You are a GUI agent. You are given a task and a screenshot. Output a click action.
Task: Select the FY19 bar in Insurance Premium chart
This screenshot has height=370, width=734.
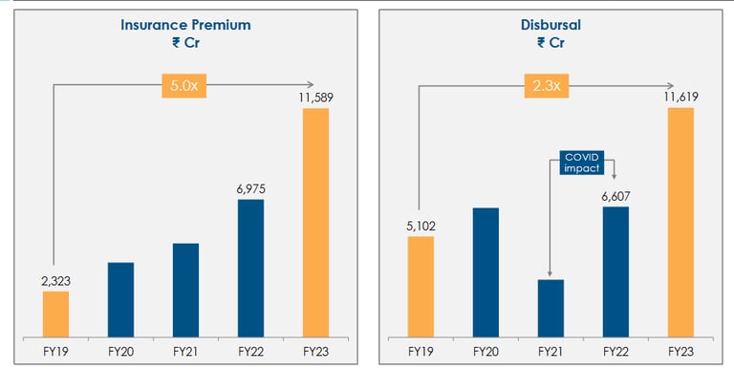point(55,314)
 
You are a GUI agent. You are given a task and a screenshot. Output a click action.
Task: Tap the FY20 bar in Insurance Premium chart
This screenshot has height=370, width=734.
point(120,298)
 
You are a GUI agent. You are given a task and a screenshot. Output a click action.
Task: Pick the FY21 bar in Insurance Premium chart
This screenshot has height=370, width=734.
point(185,289)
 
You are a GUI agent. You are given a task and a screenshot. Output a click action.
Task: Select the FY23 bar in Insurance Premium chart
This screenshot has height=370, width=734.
point(315,222)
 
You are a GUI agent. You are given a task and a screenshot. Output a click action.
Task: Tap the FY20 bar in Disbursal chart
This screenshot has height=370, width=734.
point(486,272)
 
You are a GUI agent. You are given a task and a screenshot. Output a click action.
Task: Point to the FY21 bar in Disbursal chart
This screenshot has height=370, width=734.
point(550,307)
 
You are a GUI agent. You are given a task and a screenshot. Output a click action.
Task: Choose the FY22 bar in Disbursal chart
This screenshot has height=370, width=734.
point(615,271)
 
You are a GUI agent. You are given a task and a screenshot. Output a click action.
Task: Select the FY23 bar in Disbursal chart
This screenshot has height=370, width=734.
point(680,222)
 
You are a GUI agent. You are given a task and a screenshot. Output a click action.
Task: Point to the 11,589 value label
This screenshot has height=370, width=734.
point(315,97)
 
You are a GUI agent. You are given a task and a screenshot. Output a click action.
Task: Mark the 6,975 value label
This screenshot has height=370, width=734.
point(250,189)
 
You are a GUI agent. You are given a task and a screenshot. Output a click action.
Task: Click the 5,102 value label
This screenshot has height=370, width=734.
point(421,226)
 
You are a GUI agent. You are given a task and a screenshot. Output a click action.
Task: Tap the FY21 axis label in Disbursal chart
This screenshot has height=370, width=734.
point(550,351)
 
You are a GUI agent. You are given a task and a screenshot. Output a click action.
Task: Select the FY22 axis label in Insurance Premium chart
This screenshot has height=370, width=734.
point(250,351)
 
